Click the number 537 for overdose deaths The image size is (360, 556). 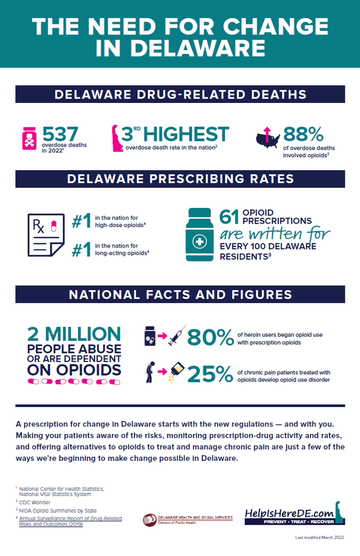(64, 134)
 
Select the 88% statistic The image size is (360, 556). (303, 134)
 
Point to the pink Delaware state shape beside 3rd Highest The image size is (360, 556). (118, 138)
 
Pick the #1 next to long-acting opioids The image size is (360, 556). (82, 249)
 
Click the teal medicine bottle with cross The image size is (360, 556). (200, 235)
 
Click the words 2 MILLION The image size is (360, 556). (74, 334)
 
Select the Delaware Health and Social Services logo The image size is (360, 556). (187, 519)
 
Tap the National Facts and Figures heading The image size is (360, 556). (180, 295)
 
